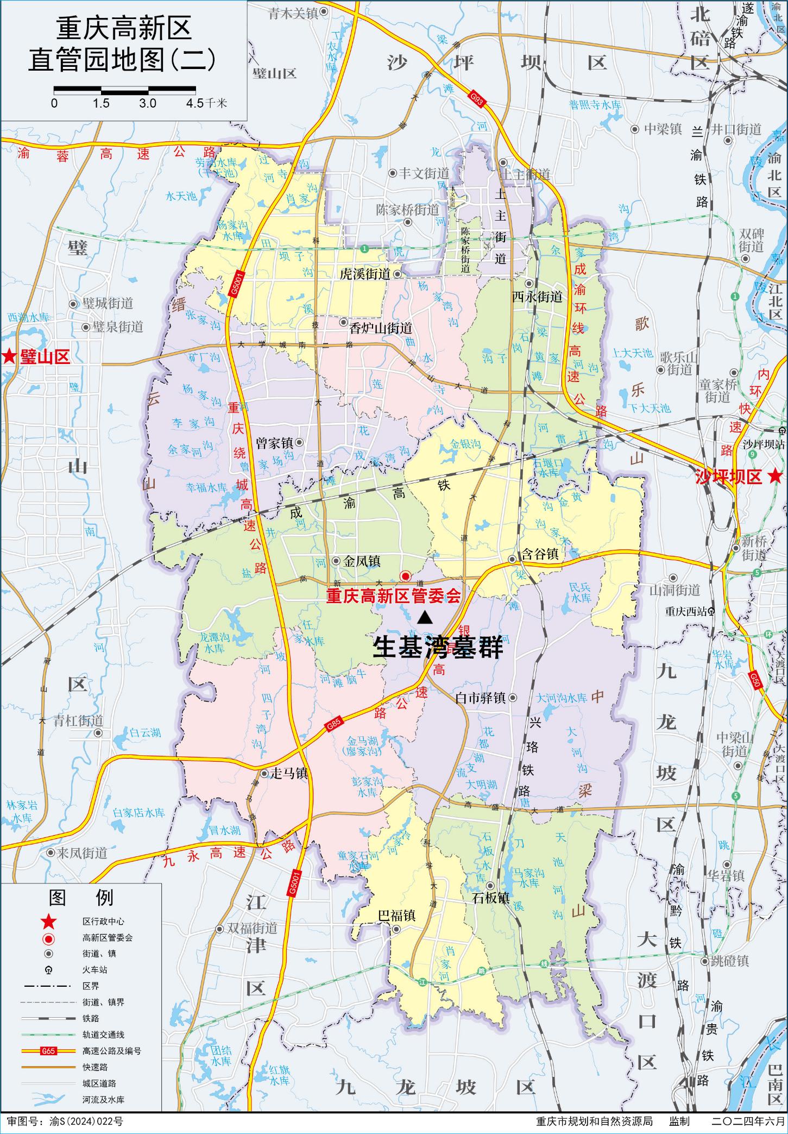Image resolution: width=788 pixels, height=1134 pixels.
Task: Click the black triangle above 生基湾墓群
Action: [425, 617]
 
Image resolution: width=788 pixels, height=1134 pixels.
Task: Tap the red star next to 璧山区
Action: [9, 356]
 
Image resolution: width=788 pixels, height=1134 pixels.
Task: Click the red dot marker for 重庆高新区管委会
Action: [405, 576]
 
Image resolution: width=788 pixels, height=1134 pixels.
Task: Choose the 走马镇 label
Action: [289, 773]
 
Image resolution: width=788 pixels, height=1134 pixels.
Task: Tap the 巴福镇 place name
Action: [396, 916]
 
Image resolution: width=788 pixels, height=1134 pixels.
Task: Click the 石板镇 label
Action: [490, 898]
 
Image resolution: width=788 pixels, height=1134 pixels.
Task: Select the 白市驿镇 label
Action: [481, 698]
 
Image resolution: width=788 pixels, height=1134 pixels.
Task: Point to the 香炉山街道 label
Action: [380, 328]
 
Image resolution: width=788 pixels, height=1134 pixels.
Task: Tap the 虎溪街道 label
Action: [365, 274]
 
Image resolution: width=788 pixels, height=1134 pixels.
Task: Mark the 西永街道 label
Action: [537, 297]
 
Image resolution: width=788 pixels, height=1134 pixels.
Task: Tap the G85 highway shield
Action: [333, 724]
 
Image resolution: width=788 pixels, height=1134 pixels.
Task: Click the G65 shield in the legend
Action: [48, 1051]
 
